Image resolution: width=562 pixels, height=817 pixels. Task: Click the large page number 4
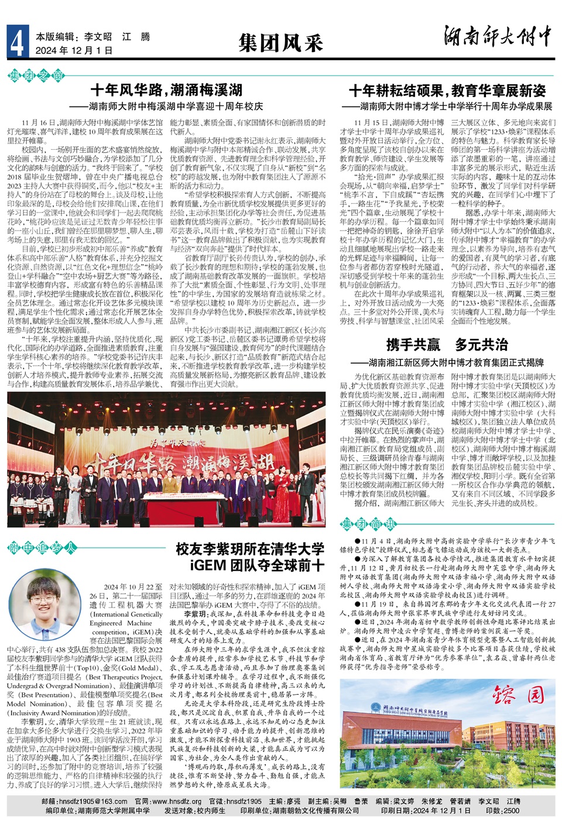tap(17, 43)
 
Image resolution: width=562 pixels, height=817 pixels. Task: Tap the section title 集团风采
tap(280, 43)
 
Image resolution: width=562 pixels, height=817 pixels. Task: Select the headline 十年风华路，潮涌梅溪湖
tap(166, 90)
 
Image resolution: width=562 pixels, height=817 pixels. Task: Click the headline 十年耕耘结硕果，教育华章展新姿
tap(447, 91)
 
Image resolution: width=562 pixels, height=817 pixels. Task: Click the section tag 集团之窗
tap(36, 75)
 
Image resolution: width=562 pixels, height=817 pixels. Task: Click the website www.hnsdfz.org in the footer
tap(176, 801)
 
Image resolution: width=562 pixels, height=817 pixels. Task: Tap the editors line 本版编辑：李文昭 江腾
tap(92, 37)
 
